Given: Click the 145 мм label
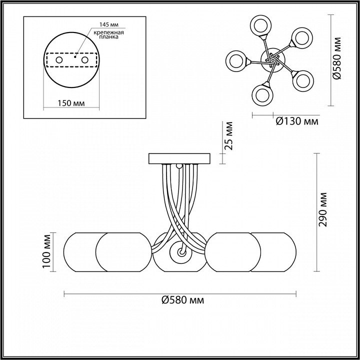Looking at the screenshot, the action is point(109,24).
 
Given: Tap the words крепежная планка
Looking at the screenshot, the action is point(109,34).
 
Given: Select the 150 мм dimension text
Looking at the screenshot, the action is point(71,103).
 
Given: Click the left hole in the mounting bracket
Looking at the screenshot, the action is point(59,60).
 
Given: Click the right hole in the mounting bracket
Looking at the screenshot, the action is point(84,60).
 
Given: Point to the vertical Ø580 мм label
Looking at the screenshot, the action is point(337,58).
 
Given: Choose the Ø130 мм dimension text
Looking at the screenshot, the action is point(297,121).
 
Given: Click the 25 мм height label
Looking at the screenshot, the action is point(229,135).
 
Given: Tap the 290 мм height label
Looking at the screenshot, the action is point(323,209).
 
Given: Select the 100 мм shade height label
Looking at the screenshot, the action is point(46,251).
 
